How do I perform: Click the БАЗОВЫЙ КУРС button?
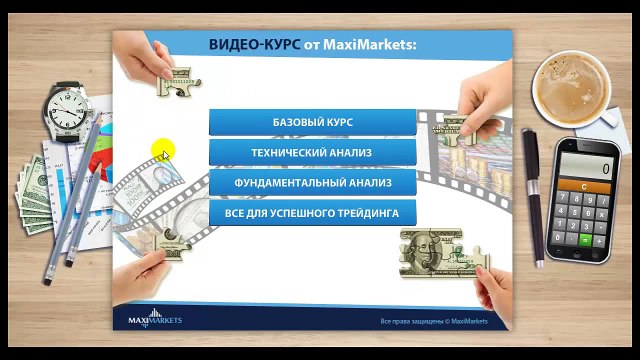(312, 122)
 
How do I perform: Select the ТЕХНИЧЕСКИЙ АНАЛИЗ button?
(312, 153)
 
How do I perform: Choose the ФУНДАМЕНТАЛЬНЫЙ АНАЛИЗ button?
(312, 184)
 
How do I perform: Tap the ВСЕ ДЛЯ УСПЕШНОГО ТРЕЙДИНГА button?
(312, 213)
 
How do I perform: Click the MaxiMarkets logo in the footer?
(155, 320)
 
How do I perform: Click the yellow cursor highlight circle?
(162, 151)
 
